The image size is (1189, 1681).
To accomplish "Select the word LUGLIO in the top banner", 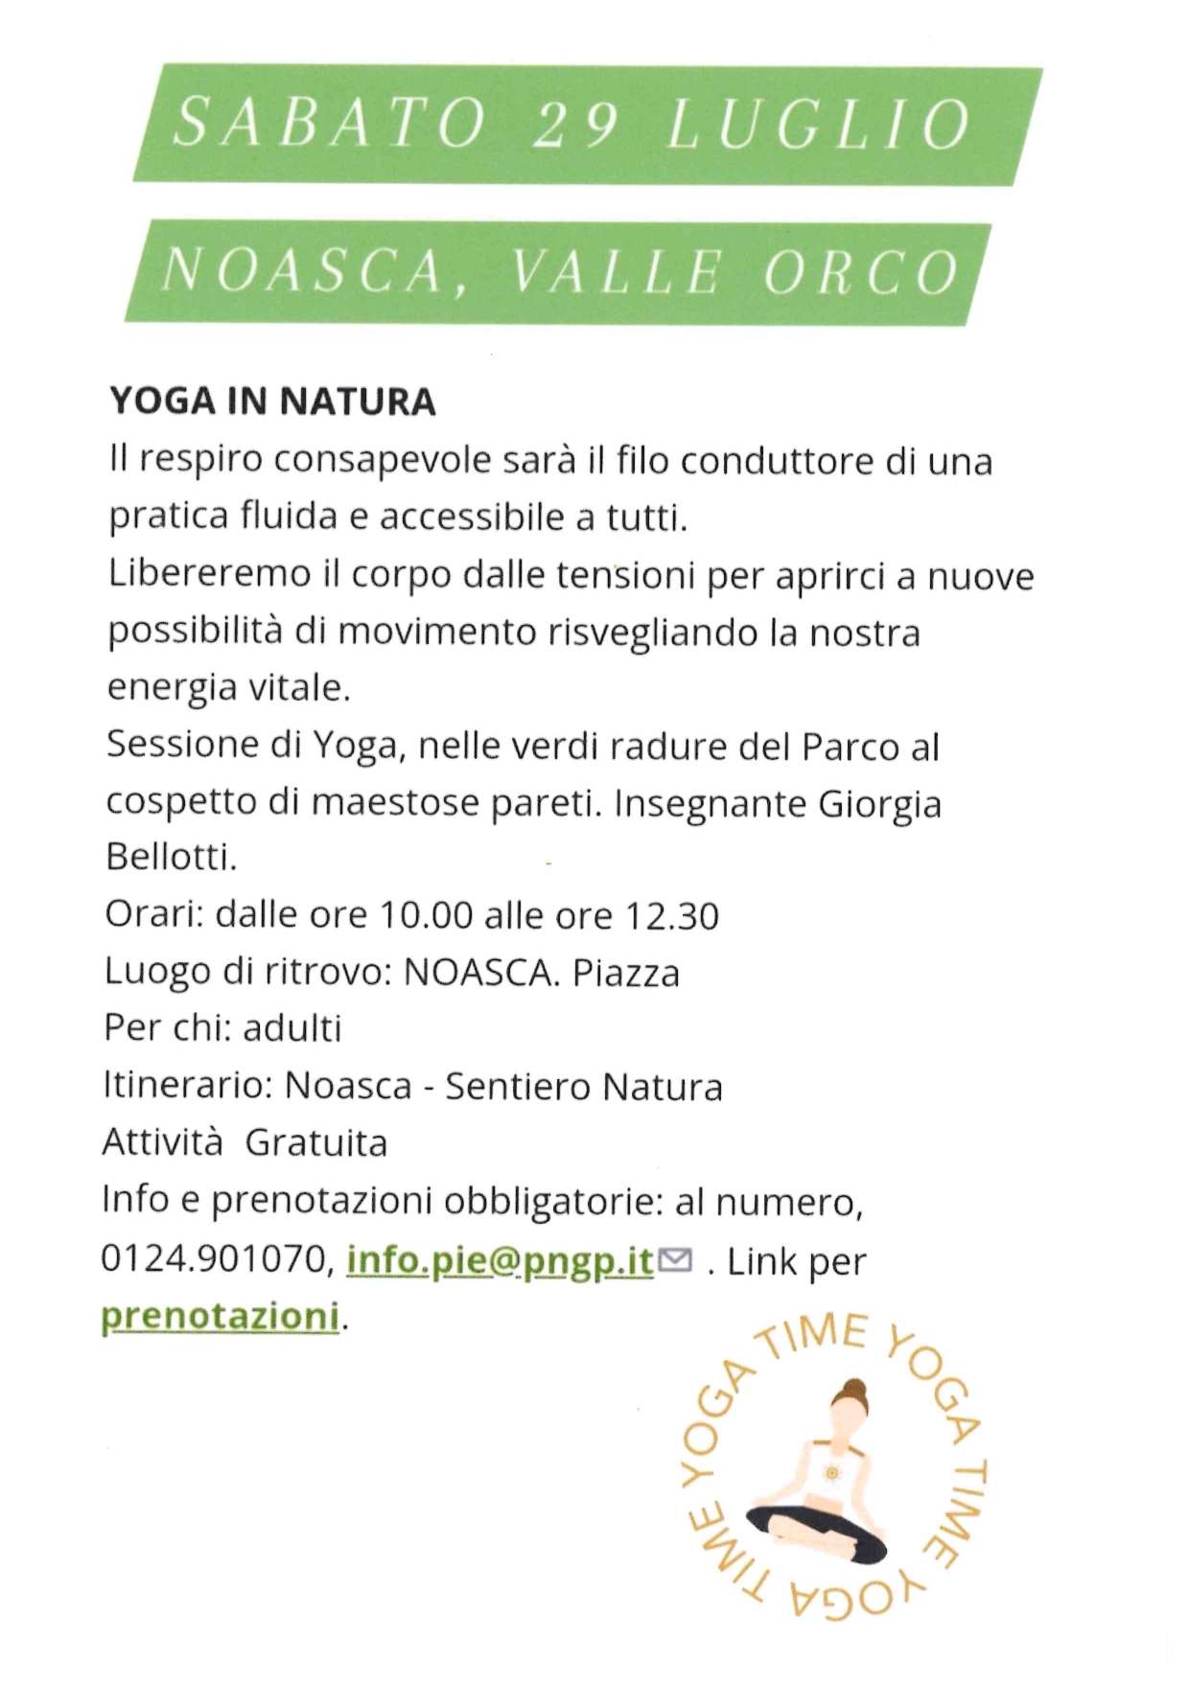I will pyautogui.click(x=818, y=125).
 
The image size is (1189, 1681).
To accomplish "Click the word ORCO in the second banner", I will pyautogui.click(x=862, y=272).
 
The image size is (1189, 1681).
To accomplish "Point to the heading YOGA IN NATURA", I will pyautogui.click(x=273, y=402).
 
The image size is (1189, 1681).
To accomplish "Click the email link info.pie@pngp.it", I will pyautogui.click(x=500, y=1259).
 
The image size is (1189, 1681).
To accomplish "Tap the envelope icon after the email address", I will pyautogui.click(x=676, y=1260).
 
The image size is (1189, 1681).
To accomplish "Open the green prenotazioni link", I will pyautogui.click(x=221, y=1316).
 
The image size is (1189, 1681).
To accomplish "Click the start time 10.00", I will pyautogui.click(x=427, y=916).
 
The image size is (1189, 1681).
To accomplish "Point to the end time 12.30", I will pyautogui.click(x=671, y=916).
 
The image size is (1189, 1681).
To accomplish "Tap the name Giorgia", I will pyautogui.click(x=879, y=803).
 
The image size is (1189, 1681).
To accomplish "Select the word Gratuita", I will pyautogui.click(x=316, y=1143).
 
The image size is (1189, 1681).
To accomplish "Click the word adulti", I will pyautogui.click(x=292, y=1028).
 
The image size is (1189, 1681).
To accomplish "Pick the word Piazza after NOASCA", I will pyautogui.click(x=626, y=973).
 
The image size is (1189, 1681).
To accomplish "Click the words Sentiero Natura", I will pyautogui.click(x=584, y=1087).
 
